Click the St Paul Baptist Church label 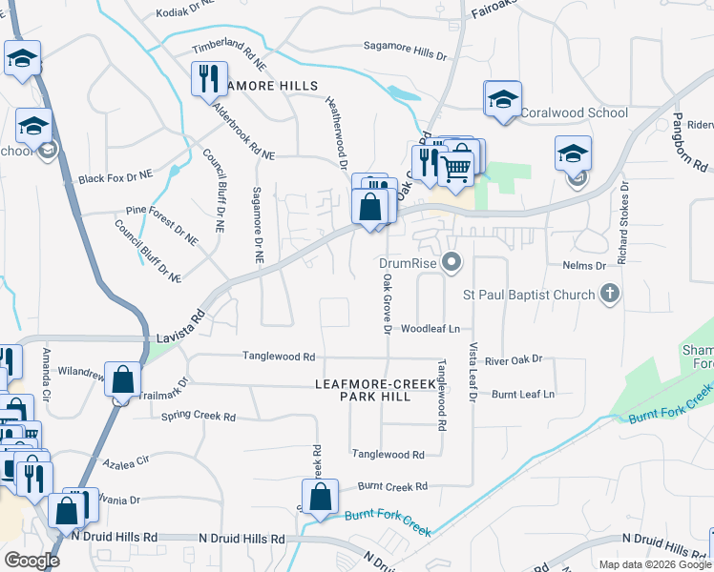tap(529, 295)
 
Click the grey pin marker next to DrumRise tap(452, 260)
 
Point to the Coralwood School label tap(575, 112)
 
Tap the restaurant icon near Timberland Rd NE tap(208, 79)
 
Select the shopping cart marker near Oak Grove tap(457, 168)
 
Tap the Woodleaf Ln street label tap(430, 328)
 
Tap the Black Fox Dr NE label tap(115, 177)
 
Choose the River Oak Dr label tap(513, 359)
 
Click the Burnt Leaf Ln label tap(523, 393)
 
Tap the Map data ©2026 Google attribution tap(654, 563)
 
